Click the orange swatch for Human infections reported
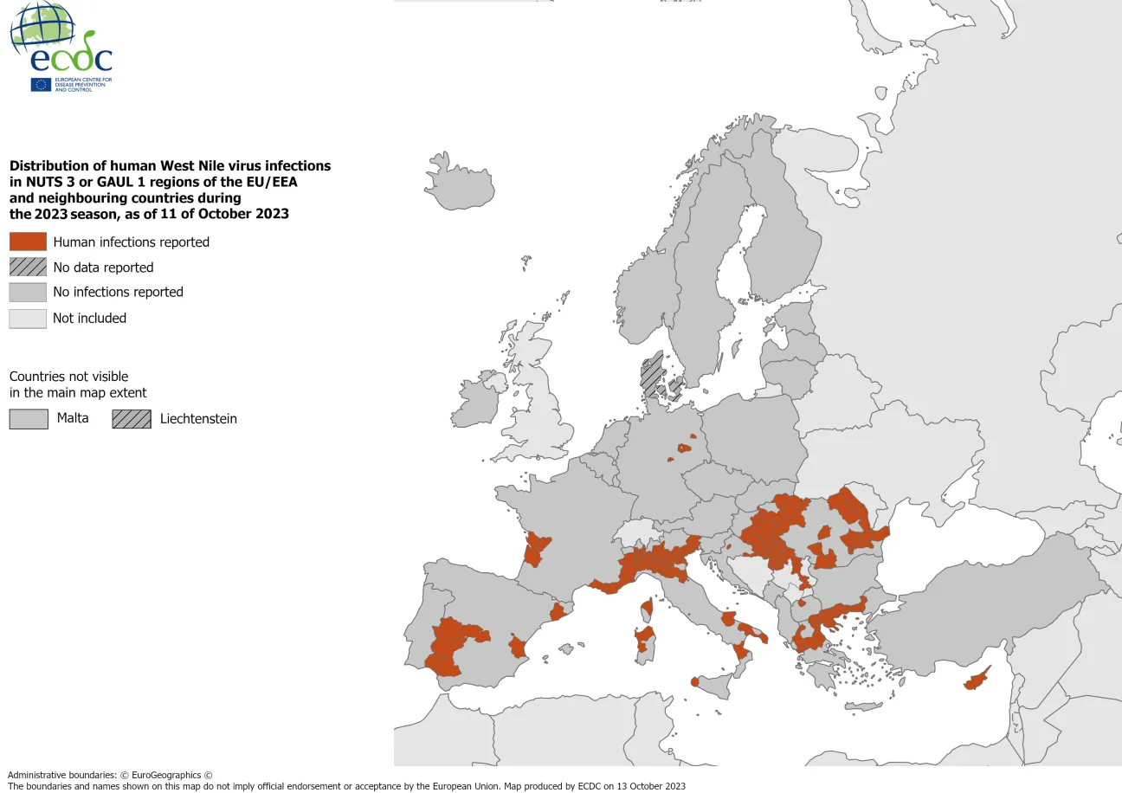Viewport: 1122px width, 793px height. pyautogui.click(x=28, y=242)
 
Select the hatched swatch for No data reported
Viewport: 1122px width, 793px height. pyautogui.click(x=28, y=267)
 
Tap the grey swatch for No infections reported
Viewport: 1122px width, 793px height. pyautogui.click(x=28, y=292)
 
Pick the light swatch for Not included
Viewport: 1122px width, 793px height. pyautogui.click(x=28, y=318)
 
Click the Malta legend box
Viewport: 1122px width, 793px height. pyautogui.click(x=28, y=418)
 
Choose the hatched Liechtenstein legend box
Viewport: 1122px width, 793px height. pyautogui.click(x=131, y=418)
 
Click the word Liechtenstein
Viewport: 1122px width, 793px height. pyautogui.click(x=198, y=419)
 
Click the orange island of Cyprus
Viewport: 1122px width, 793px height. pyautogui.click(x=977, y=680)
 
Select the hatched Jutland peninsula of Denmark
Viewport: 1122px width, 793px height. pyautogui.click(x=652, y=372)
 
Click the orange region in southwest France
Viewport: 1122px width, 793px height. pyautogui.click(x=536, y=548)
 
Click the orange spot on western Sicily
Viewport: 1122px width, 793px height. pyautogui.click(x=695, y=682)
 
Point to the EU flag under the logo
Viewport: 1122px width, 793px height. pyautogui.click(x=41, y=84)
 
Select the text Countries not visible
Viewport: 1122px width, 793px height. pyautogui.click(x=68, y=377)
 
